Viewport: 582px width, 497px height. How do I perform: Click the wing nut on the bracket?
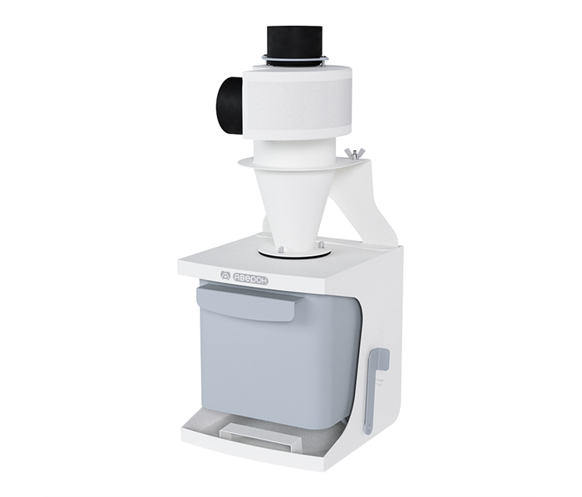coord(351,153)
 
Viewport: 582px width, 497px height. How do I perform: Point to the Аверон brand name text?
coord(249,279)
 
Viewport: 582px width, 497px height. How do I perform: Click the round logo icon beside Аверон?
coord(225,276)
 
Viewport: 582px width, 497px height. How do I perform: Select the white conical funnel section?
coord(295,208)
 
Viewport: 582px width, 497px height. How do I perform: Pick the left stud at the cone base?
coord(280,248)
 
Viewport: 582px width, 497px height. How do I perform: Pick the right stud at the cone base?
coord(320,244)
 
